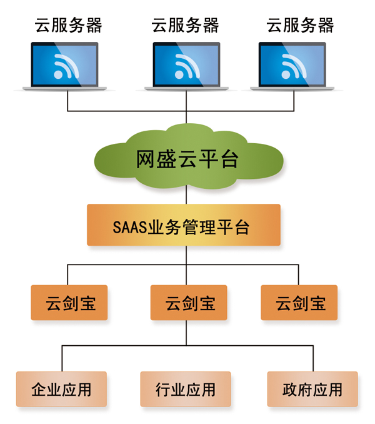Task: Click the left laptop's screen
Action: pyautogui.click(x=65, y=64)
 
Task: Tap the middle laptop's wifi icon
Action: pyautogui.click(x=186, y=65)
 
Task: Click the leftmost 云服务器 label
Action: pyautogui.click(x=69, y=26)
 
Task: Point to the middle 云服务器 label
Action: pyautogui.click(x=186, y=26)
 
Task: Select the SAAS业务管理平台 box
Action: pyautogui.click(x=184, y=225)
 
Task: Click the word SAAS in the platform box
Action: pyautogui.click(x=130, y=226)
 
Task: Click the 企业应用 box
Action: pyautogui.click(x=61, y=389)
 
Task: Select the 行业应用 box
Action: pyautogui.click(x=186, y=389)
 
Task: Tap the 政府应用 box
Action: pyautogui.click(x=312, y=389)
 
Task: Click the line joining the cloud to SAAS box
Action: pyautogui.click(x=186, y=196)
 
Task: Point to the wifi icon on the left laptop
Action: pyautogui.click(x=64, y=65)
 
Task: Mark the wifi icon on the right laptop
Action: pyautogui.click(x=292, y=65)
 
